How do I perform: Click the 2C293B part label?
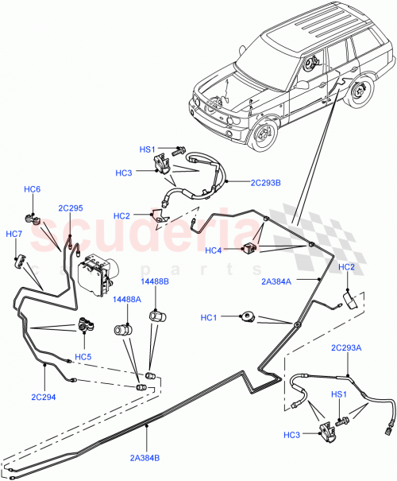click(x=265, y=182)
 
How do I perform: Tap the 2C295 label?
click(x=70, y=208)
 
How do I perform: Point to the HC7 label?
click(x=14, y=234)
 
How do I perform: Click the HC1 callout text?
click(x=210, y=319)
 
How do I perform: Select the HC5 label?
click(x=83, y=356)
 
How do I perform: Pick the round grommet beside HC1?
click(x=248, y=318)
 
